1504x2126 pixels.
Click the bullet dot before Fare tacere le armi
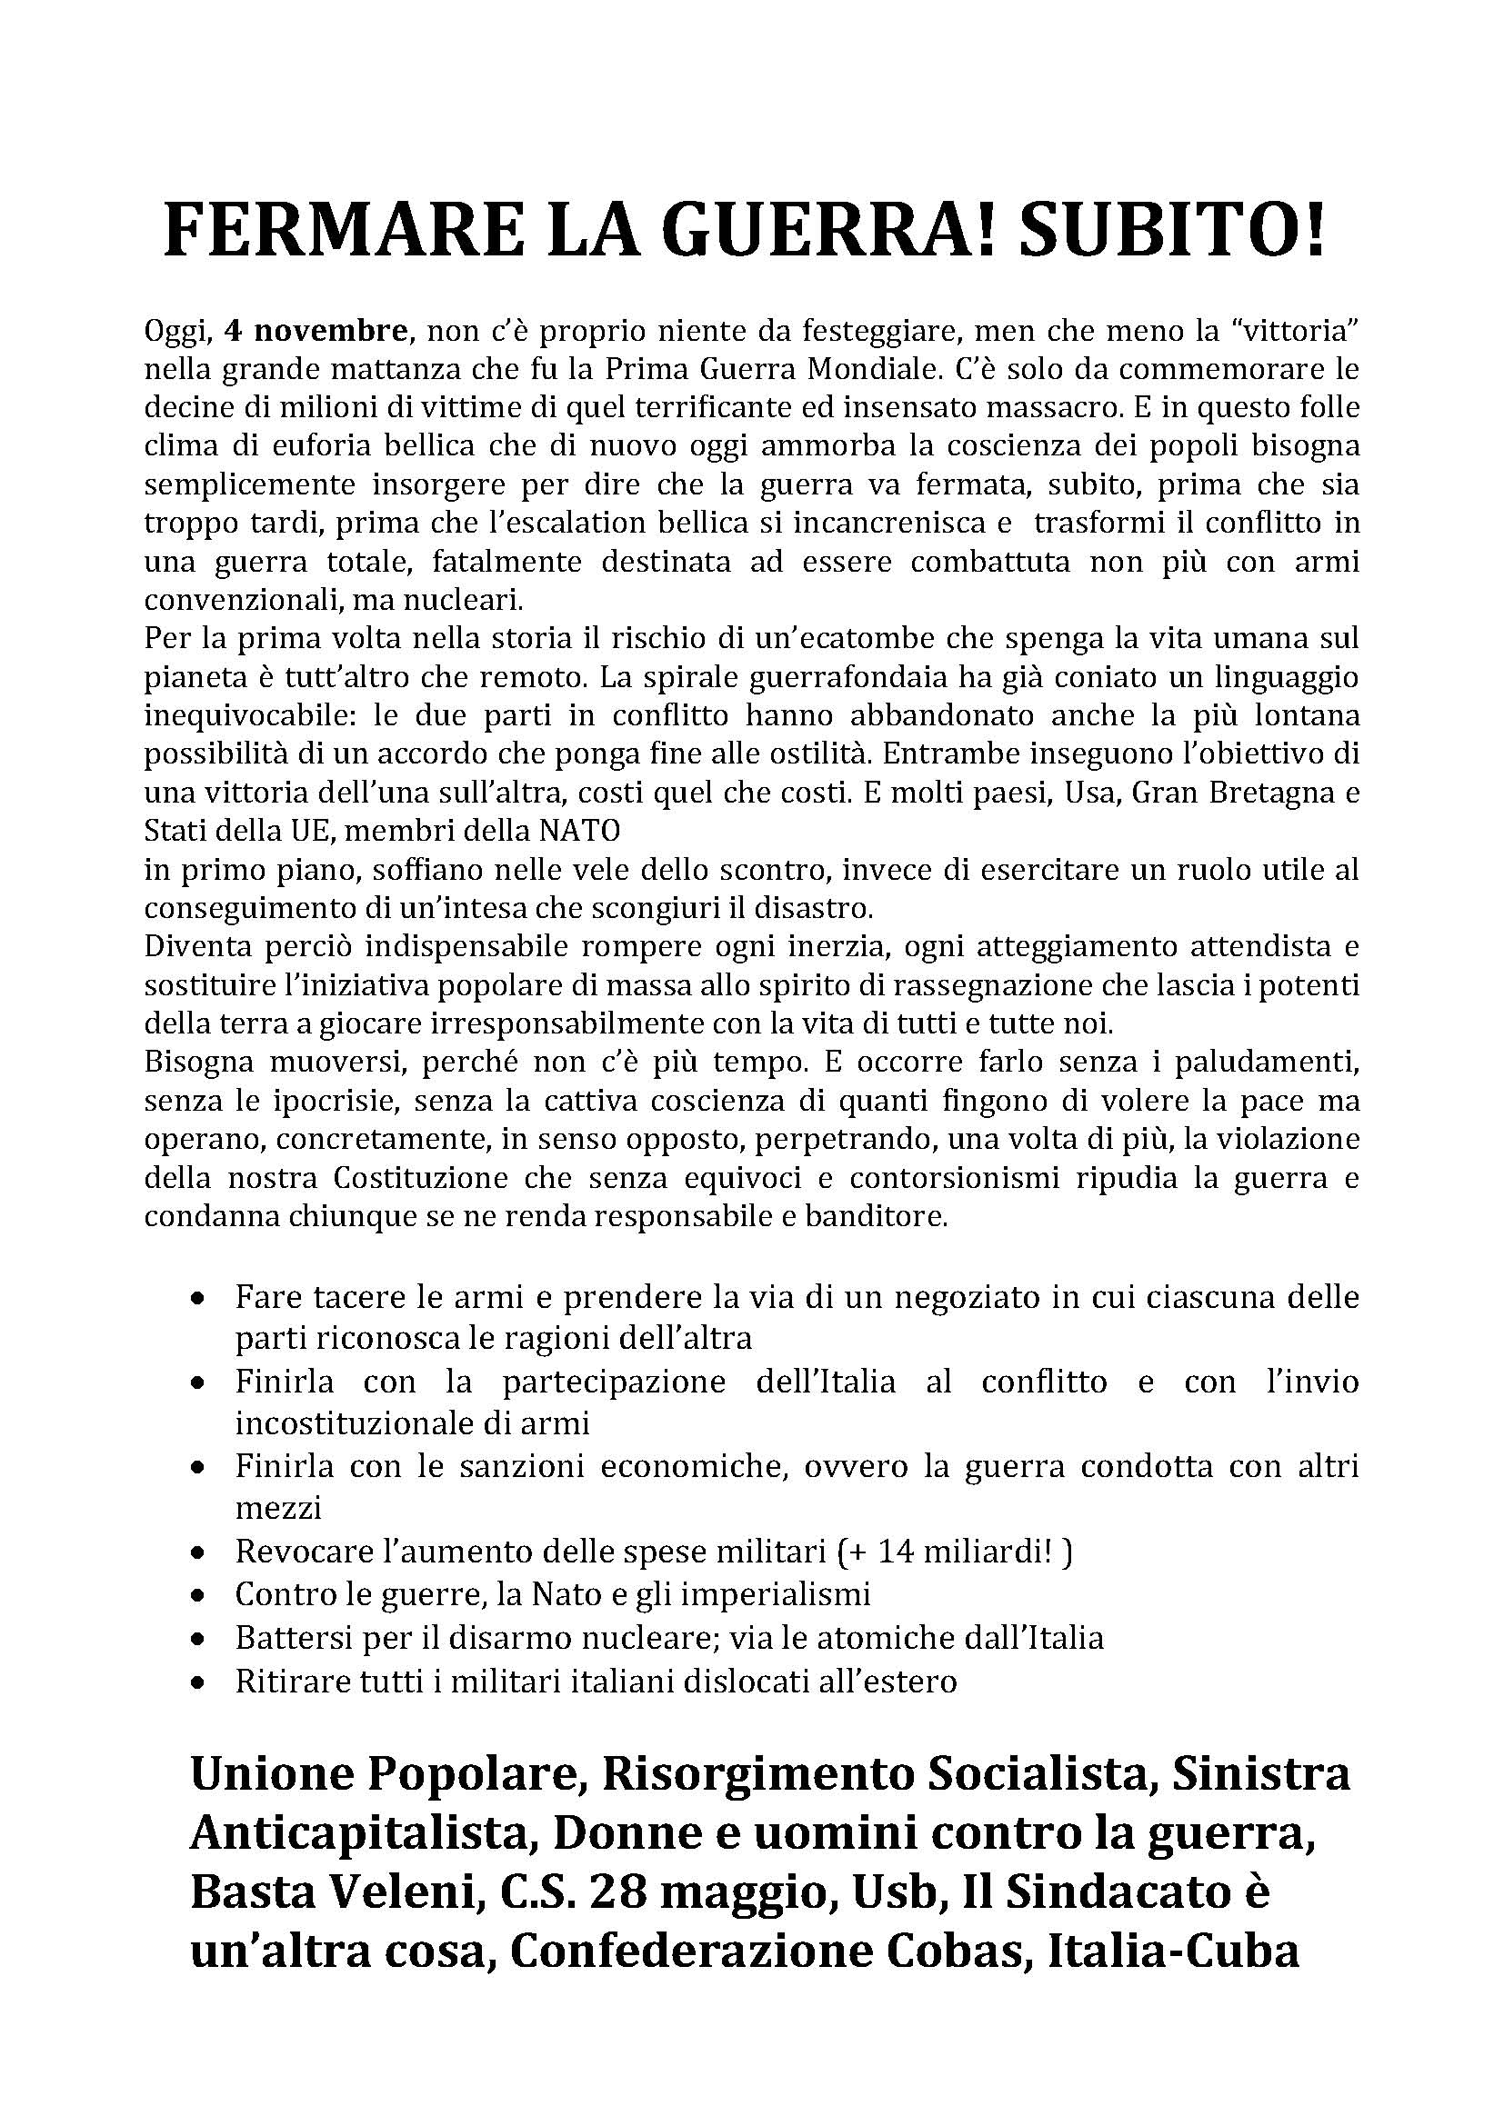(197, 1300)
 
